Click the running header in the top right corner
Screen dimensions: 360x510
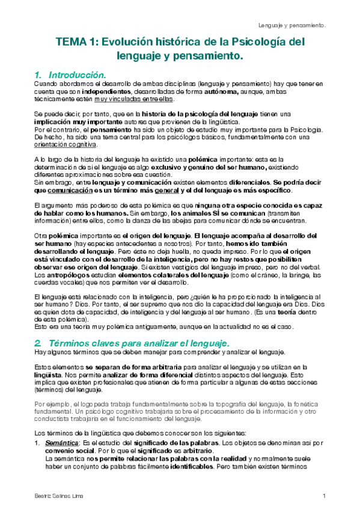point(292,25)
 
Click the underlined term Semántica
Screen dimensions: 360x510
point(63,443)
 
